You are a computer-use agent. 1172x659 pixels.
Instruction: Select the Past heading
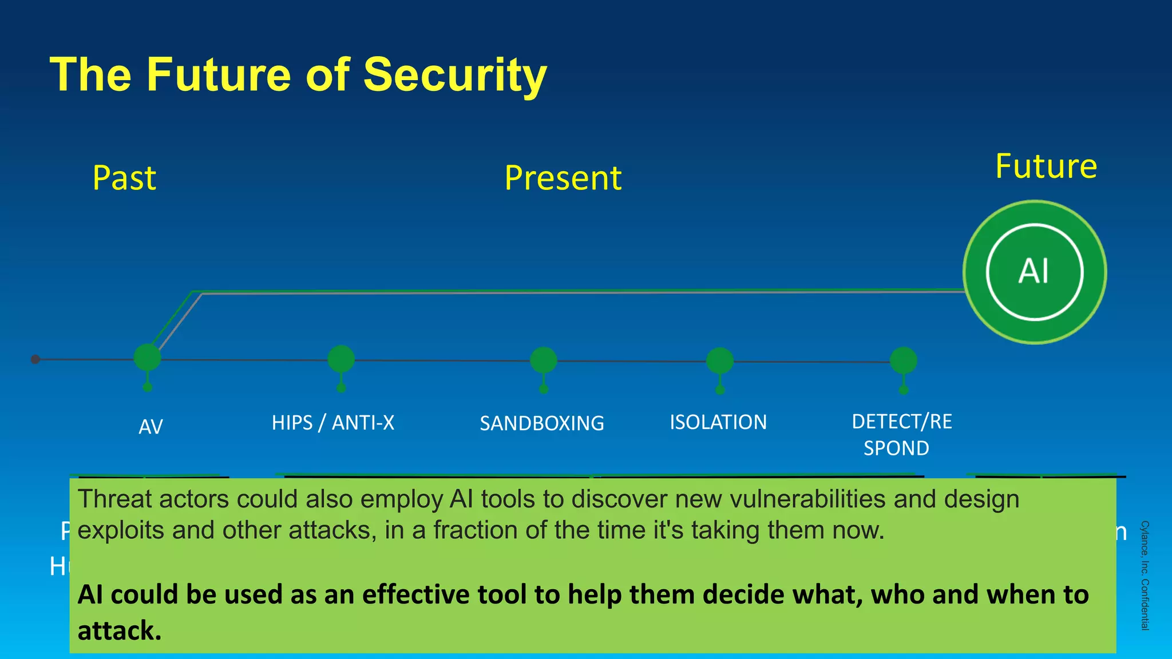[x=124, y=178]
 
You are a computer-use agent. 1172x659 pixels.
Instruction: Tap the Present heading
[x=563, y=178]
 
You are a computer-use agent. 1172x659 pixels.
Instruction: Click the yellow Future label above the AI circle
[x=1046, y=166]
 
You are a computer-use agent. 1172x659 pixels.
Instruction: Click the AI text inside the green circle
[x=1034, y=271]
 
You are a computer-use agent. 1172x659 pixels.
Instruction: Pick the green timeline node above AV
[x=147, y=358]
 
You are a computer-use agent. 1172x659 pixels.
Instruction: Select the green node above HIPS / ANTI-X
[x=341, y=359]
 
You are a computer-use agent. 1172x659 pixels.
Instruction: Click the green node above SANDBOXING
[x=543, y=360]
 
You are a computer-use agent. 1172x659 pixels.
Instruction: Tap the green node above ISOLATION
[x=719, y=360]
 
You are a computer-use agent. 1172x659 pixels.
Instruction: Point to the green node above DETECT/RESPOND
[x=903, y=361]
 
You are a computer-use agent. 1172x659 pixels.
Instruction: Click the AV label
[x=151, y=427]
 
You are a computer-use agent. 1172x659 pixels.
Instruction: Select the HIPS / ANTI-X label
[x=332, y=423]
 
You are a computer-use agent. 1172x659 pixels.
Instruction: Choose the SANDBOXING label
[x=541, y=423]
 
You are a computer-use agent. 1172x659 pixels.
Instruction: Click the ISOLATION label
[x=718, y=422]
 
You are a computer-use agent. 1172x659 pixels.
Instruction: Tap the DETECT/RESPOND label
[x=901, y=434]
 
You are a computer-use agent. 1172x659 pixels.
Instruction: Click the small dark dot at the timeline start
[x=35, y=359]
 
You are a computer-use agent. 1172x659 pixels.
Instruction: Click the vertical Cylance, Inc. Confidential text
[x=1145, y=575]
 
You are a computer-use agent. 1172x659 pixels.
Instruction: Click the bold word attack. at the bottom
[x=119, y=631]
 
